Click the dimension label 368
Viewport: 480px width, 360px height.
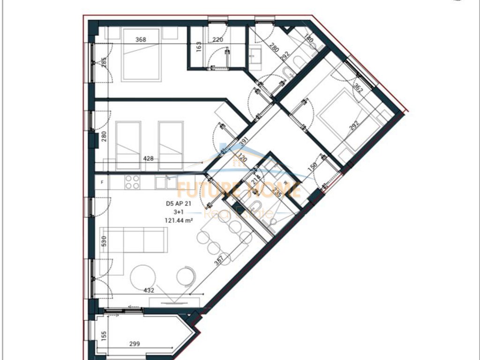click(x=141, y=40)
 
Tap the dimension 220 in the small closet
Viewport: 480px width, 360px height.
click(x=217, y=40)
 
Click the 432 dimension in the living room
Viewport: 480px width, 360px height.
click(x=150, y=291)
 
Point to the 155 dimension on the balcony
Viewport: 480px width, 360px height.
click(x=104, y=336)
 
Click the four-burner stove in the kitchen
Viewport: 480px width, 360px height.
click(x=132, y=182)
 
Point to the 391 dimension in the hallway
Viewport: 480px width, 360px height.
click(x=242, y=141)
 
